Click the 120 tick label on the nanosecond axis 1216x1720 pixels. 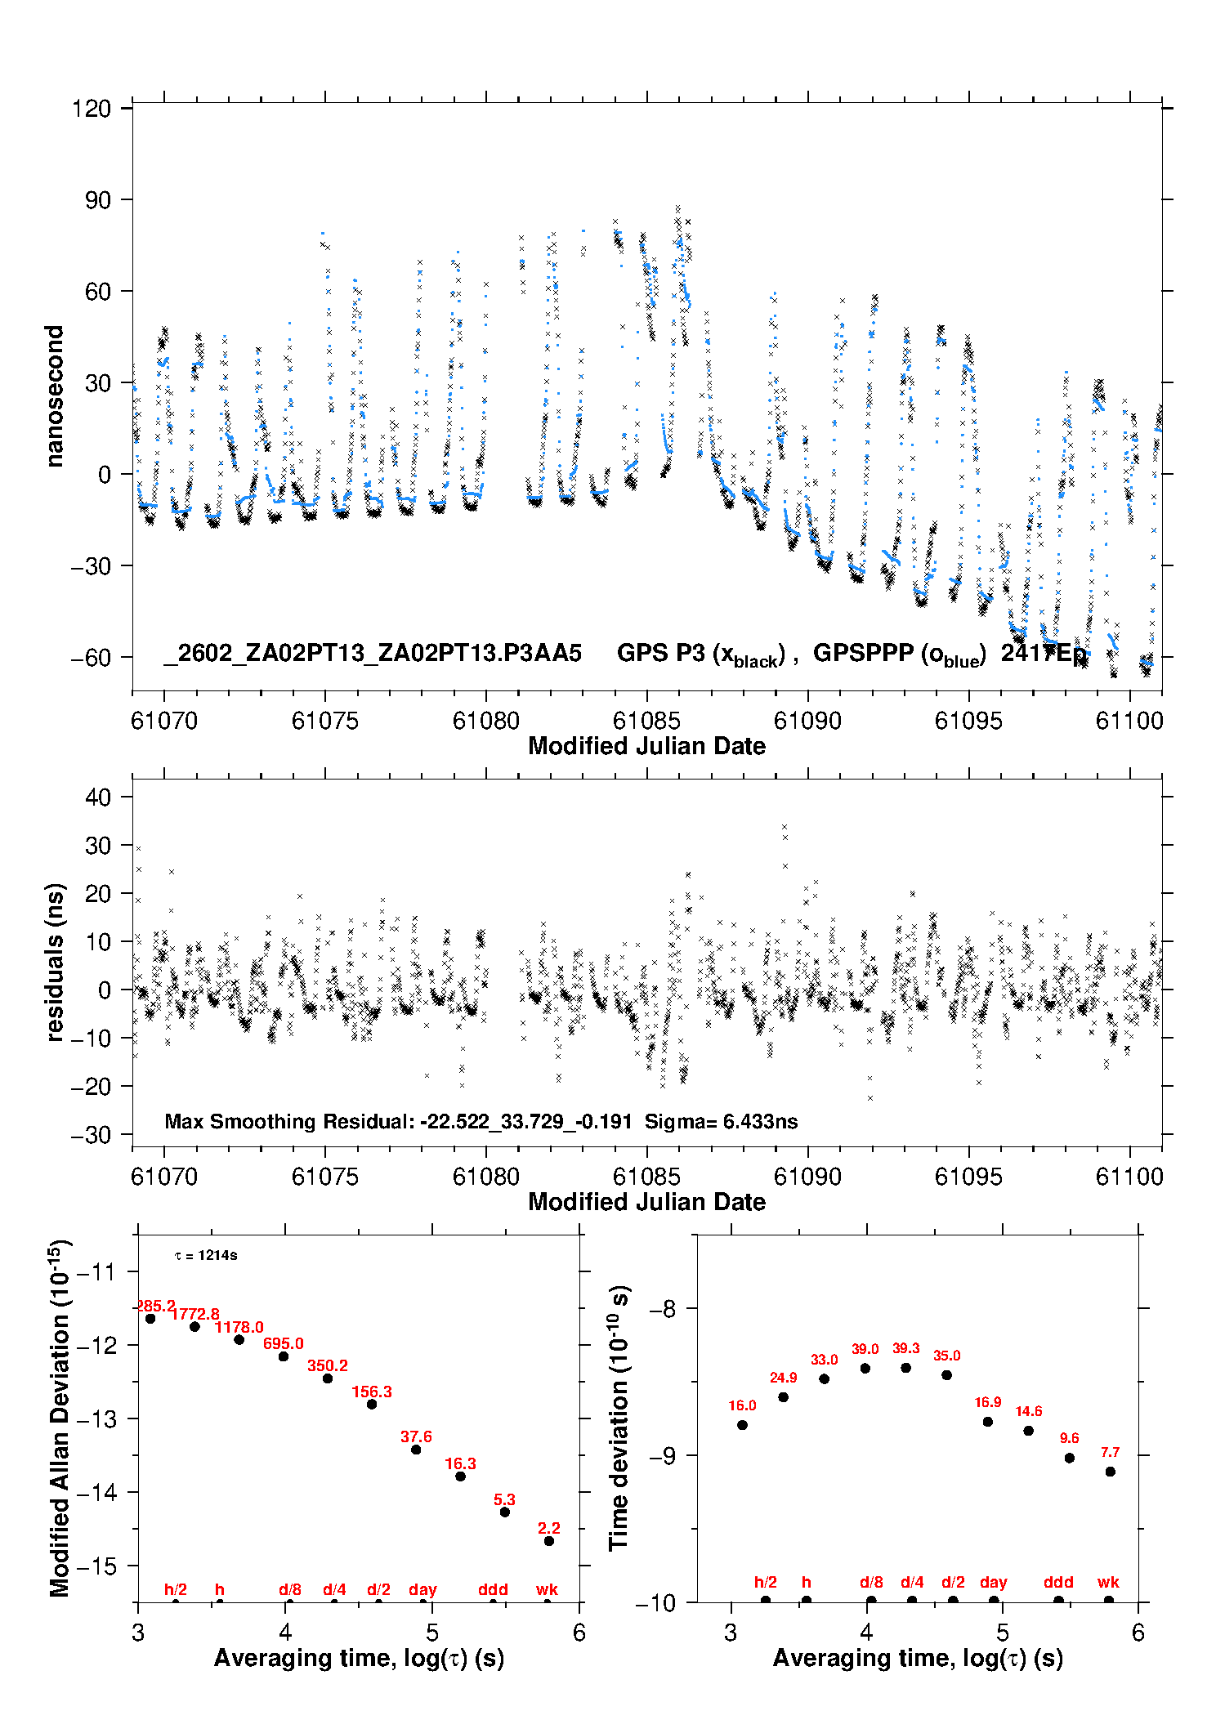[91, 109]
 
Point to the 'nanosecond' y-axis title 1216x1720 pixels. [54, 396]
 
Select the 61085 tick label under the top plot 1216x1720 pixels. [646, 721]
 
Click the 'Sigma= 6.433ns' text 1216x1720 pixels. [721, 1121]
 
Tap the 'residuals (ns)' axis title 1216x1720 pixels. [54, 962]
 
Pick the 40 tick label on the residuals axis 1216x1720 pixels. [97, 797]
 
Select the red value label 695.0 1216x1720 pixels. [283, 1343]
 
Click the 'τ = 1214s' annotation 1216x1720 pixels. [206, 1255]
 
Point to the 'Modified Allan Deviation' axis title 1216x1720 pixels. [59, 1418]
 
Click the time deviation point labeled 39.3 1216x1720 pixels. [906, 1368]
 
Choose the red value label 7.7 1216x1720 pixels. [1110, 1452]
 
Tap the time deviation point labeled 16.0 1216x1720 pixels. [742, 1425]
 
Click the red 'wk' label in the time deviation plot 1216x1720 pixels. [1108, 1582]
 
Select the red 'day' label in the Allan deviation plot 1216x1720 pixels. [422, 1589]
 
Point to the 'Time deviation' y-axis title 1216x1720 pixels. [619, 1418]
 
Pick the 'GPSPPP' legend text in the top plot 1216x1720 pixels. [863, 653]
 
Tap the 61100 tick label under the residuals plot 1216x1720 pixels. [1129, 1177]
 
